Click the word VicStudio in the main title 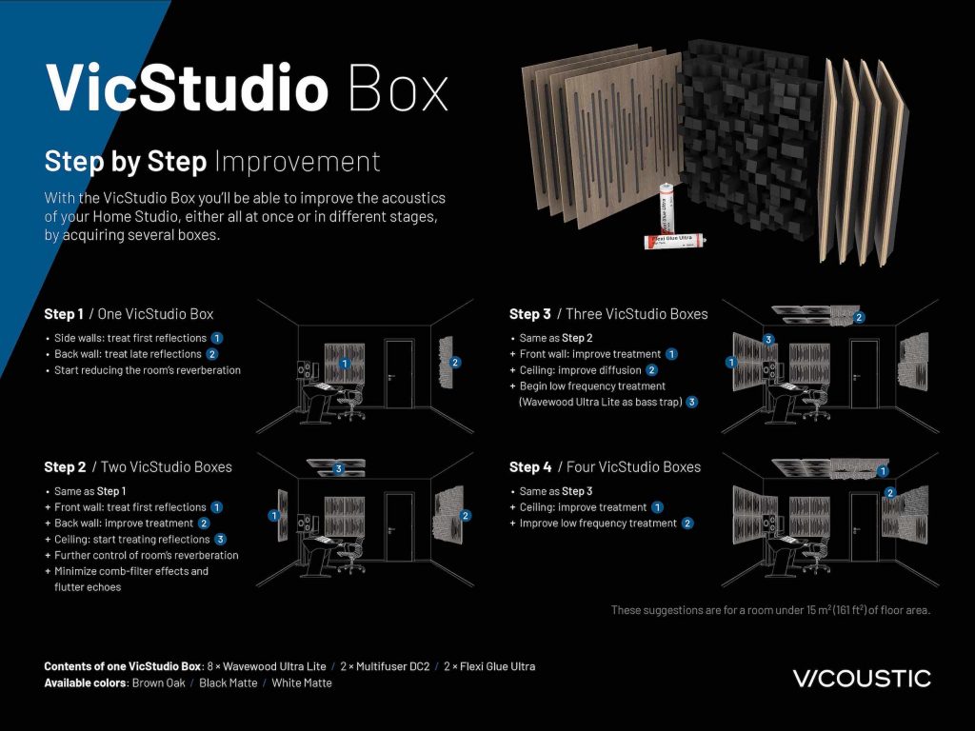187,88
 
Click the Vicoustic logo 861,678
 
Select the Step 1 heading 129,314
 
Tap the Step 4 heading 605,466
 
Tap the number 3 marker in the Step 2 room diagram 338,468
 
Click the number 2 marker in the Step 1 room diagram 455,363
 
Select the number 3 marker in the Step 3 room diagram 768,340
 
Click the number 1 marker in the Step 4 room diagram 883,470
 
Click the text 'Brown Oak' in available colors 158,682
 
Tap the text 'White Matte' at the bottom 302,682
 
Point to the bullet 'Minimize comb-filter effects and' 131,571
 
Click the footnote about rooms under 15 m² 769,610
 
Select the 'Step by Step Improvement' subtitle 212,162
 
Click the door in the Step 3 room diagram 864,378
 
